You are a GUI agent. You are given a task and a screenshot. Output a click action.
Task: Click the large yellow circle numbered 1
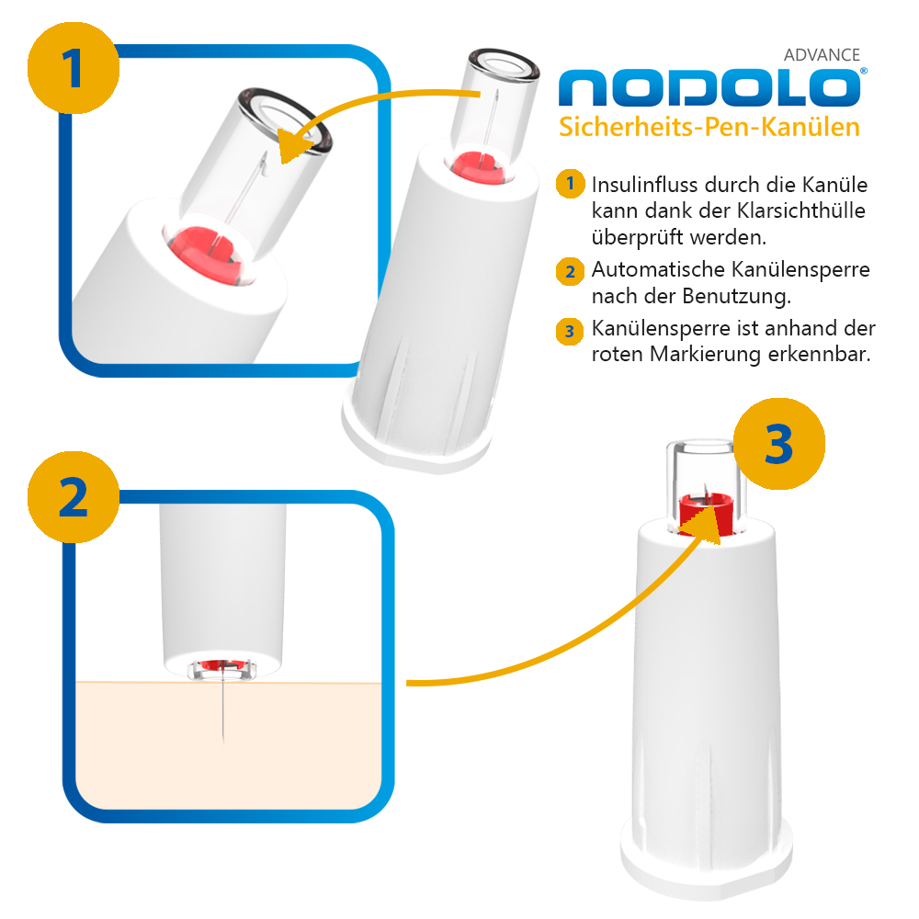click(x=74, y=68)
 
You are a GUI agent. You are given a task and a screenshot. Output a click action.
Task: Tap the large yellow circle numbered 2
click(x=74, y=497)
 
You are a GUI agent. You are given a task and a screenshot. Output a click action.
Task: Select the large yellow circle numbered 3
click(x=779, y=444)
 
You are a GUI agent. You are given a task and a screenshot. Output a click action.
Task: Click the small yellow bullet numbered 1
click(x=570, y=184)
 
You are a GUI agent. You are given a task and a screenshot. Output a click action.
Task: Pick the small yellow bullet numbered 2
click(x=570, y=271)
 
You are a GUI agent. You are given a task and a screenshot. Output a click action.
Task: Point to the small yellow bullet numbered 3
click(x=570, y=331)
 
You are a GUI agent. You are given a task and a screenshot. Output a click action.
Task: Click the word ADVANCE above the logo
click(x=822, y=55)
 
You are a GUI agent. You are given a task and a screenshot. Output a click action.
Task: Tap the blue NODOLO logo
click(x=711, y=87)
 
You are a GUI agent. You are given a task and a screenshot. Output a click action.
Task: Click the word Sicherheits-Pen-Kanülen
click(x=709, y=127)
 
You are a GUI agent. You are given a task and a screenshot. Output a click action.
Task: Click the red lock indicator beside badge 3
click(x=706, y=514)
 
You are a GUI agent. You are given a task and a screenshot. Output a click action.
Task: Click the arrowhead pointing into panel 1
click(x=298, y=145)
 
